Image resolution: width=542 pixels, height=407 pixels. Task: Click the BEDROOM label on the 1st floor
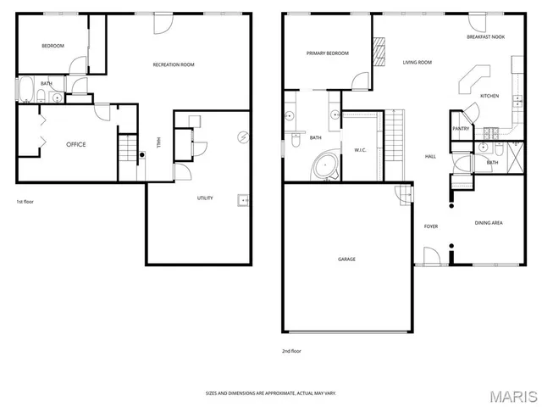(53, 46)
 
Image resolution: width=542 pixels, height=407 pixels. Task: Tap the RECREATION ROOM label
(174, 64)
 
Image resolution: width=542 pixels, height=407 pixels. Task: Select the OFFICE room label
(76, 144)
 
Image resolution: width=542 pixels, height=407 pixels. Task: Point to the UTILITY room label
(205, 198)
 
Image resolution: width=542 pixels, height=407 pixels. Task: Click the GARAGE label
(346, 259)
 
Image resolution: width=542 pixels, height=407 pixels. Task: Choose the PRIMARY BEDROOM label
(328, 53)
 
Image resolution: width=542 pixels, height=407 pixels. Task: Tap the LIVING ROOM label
(417, 62)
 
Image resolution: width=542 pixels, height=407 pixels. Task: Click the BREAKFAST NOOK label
(485, 37)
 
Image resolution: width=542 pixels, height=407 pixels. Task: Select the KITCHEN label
(489, 96)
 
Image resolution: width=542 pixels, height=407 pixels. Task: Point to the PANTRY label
(461, 128)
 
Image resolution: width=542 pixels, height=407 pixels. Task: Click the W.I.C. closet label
(359, 150)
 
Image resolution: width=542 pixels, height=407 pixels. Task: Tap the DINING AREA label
(489, 222)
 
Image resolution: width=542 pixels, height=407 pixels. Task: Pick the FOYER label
(430, 226)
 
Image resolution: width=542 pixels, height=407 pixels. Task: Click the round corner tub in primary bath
(325, 166)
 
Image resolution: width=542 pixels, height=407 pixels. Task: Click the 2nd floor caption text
(291, 350)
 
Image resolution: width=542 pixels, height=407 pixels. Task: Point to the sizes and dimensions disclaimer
(270, 393)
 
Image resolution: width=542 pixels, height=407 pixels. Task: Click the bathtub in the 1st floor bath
(25, 89)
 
